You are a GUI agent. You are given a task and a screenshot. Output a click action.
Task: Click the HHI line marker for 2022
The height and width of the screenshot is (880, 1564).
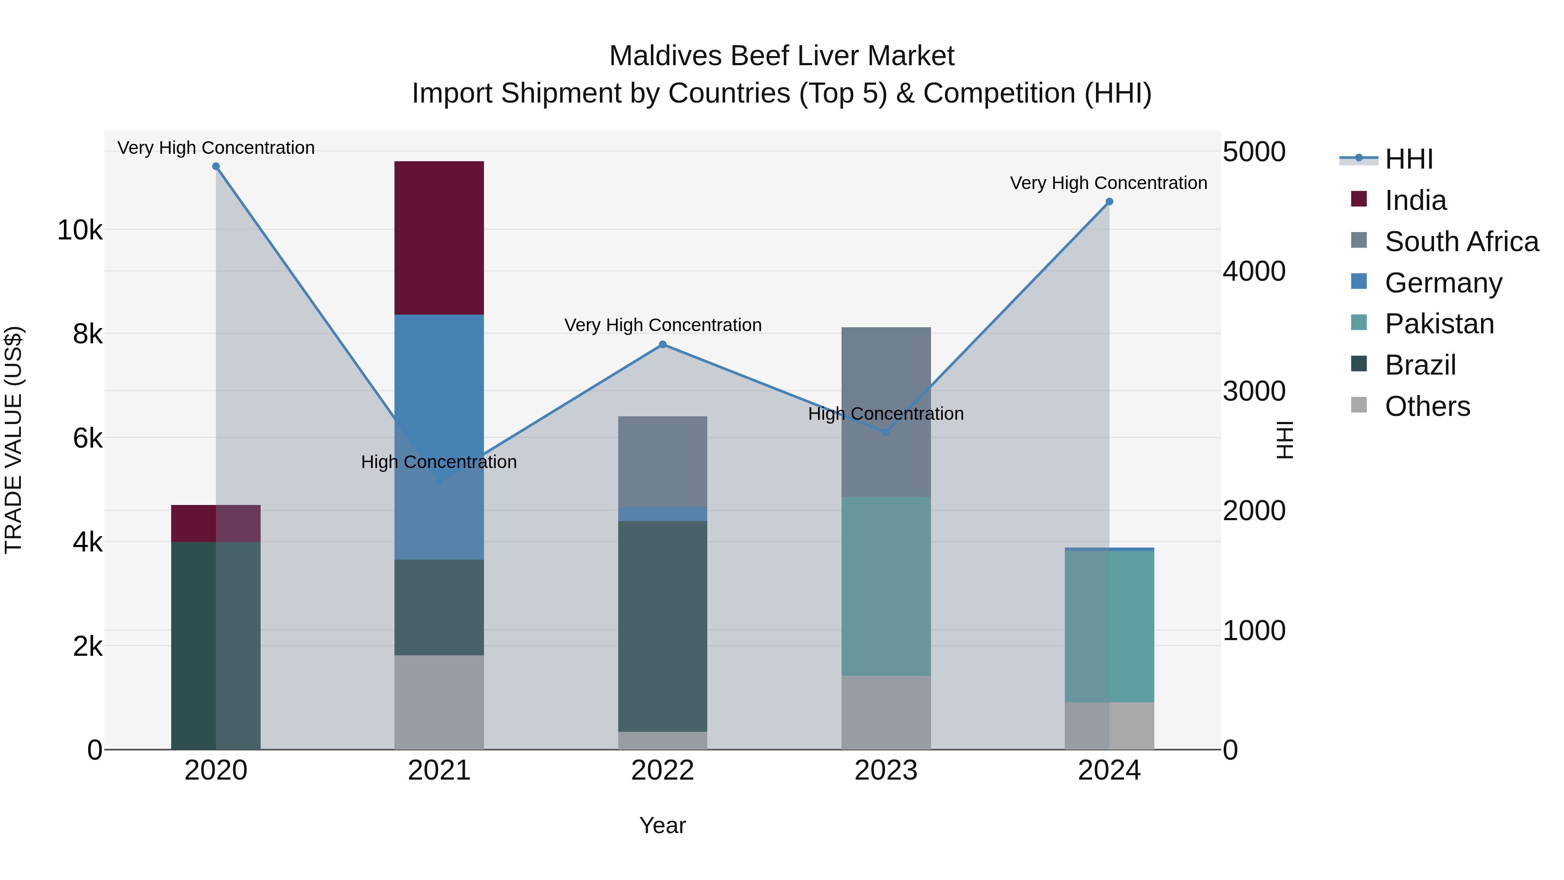(663, 344)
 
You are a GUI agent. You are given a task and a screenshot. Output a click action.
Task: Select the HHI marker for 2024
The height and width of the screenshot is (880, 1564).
(1109, 202)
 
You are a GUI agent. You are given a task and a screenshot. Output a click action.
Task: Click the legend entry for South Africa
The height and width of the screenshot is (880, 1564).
(1461, 242)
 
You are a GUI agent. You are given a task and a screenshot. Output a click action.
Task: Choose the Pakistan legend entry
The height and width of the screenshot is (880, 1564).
(1439, 324)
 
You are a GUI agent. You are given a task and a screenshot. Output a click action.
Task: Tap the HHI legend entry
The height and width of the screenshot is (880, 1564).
(1408, 159)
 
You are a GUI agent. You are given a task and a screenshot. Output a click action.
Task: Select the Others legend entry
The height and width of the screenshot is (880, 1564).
(1427, 406)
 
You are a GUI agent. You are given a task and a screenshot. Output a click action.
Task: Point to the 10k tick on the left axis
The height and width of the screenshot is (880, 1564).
(80, 230)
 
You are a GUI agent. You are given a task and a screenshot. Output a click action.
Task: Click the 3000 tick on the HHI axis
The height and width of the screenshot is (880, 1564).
(1254, 391)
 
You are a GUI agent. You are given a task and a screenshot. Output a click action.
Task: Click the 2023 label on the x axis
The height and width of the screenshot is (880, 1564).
(886, 770)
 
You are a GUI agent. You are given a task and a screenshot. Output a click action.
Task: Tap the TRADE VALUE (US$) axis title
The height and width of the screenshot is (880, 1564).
(13, 440)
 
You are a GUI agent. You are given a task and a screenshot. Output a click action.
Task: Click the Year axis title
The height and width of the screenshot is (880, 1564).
(663, 825)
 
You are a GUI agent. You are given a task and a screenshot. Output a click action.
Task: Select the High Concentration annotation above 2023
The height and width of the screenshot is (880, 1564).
(886, 414)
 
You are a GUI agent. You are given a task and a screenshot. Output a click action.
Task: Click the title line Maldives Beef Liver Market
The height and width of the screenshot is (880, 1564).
(782, 56)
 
